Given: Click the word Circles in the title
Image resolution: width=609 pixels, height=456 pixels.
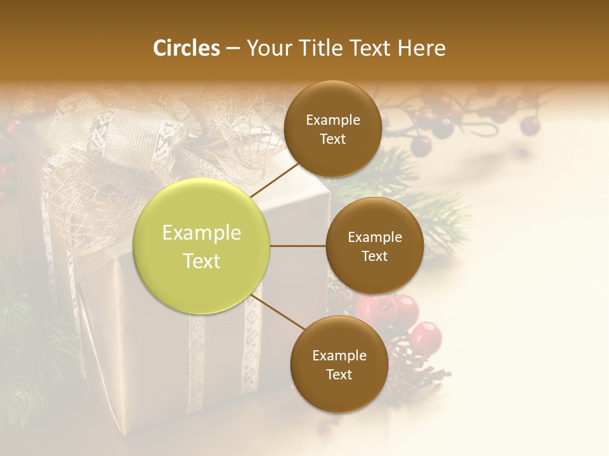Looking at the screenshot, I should [x=187, y=48].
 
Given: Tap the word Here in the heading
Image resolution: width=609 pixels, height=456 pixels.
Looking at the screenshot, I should [x=422, y=48].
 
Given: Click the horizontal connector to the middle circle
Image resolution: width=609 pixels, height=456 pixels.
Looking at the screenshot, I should [x=298, y=246].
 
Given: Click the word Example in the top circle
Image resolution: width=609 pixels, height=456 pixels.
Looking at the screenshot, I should [x=332, y=120].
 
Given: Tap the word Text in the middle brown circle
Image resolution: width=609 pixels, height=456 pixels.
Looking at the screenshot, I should [x=374, y=256].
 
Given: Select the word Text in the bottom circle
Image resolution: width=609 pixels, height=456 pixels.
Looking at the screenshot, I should [x=339, y=374].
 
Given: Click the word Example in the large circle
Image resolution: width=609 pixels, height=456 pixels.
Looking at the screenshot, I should [x=202, y=233].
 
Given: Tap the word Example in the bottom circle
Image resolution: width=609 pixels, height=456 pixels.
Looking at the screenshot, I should [x=339, y=356].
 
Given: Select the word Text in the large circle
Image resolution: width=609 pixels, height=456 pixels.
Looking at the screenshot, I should [x=202, y=261].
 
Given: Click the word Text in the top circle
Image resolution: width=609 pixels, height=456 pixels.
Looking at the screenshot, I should [x=332, y=139].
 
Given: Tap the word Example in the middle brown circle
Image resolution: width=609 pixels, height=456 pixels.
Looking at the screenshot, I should [x=374, y=237].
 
